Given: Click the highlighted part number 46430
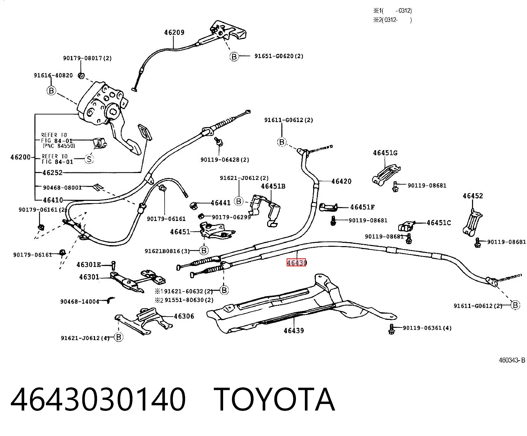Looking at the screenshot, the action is click(296, 263).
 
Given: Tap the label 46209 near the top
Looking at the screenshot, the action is click(174, 32).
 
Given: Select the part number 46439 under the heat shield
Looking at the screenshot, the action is click(294, 330).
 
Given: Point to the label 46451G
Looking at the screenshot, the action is click(385, 153).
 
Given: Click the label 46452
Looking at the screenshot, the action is click(473, 196).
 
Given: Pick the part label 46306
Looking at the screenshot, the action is click(184, 316).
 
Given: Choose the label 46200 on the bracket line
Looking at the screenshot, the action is click(21, 157).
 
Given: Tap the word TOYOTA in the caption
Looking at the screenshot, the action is click(274, 400).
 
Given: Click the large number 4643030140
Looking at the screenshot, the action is click(98, 400).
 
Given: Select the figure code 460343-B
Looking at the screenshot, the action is click(512, 360).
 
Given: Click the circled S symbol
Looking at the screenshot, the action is click(89, 159).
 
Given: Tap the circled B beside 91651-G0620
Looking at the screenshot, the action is click(234, 57).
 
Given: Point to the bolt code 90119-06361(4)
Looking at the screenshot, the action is click(427, 328).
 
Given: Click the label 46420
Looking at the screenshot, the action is click(341, 181).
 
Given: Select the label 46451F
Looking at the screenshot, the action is click(362, 207).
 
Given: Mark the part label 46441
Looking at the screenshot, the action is click(220, 203).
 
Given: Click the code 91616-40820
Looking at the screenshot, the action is click(53, 75).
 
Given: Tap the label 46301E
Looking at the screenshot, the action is click(89, 265).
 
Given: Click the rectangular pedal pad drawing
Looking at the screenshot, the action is click(145, 132).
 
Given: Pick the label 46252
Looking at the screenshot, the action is click(53, 173).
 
